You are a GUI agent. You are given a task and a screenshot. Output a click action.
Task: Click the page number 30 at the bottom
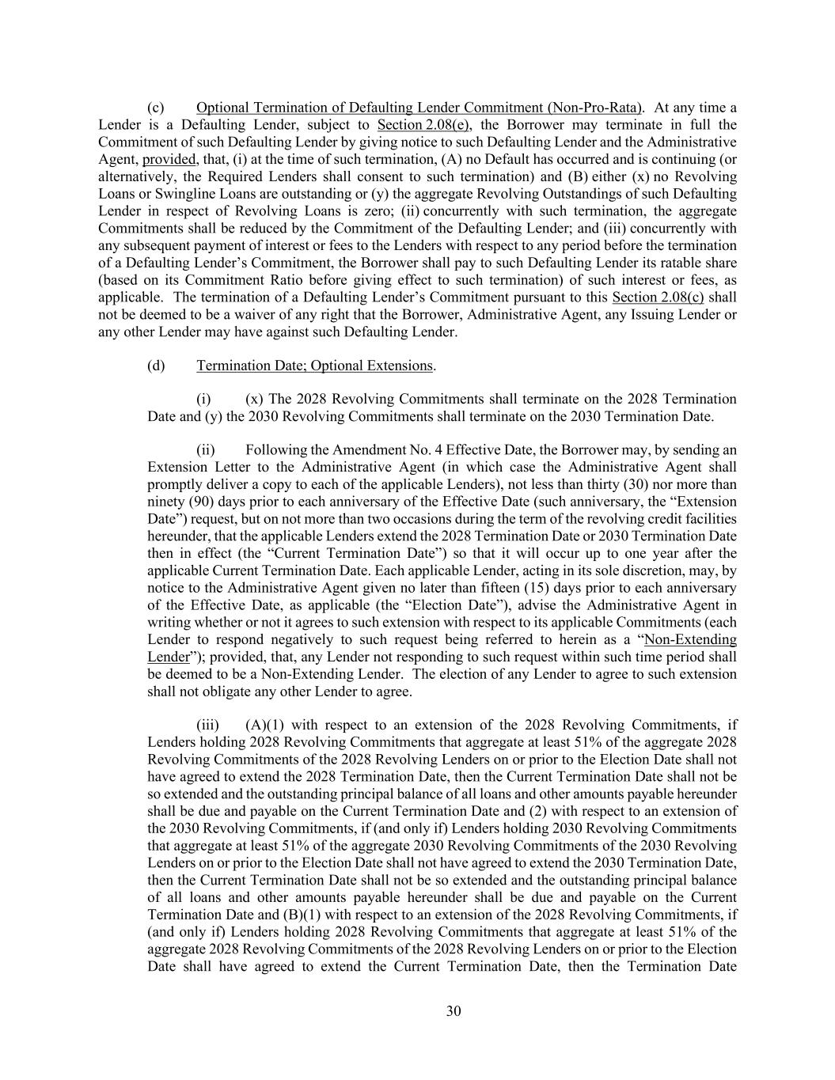pyautogui.click(x=454, y=1010)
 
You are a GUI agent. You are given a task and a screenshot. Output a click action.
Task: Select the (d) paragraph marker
pyautogui.click(x=156, y=366)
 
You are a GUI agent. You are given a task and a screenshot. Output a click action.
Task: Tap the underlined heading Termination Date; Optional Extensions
pyautogui.click(x=315, y=366)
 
